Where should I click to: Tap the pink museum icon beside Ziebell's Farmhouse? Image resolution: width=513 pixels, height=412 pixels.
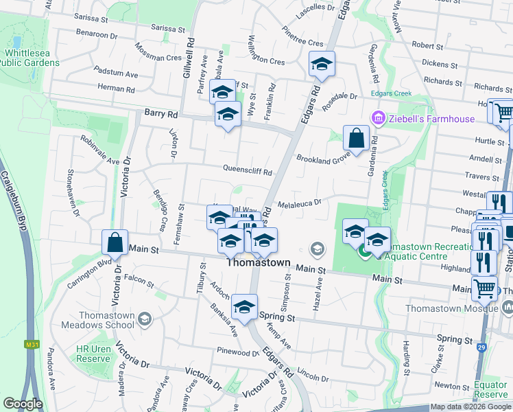click(x=377, y=119)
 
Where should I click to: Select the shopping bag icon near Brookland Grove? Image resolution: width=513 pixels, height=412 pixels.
click(x=357, y=139)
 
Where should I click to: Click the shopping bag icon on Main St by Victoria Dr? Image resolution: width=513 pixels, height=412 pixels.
click(x=115, y=243)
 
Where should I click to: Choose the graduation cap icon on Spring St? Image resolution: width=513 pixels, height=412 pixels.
click(x=244, y=308)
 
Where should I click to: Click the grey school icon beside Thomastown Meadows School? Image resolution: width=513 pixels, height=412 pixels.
click(x=145, y=318)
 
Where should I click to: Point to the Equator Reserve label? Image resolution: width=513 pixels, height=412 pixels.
click(x=491, y=389)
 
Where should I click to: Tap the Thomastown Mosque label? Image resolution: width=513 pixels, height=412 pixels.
click(x=468, y=309)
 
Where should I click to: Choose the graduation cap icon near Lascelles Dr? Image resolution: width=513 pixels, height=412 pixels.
click(x=322, y=65)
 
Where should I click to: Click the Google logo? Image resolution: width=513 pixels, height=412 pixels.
click(x=23, y=403)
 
